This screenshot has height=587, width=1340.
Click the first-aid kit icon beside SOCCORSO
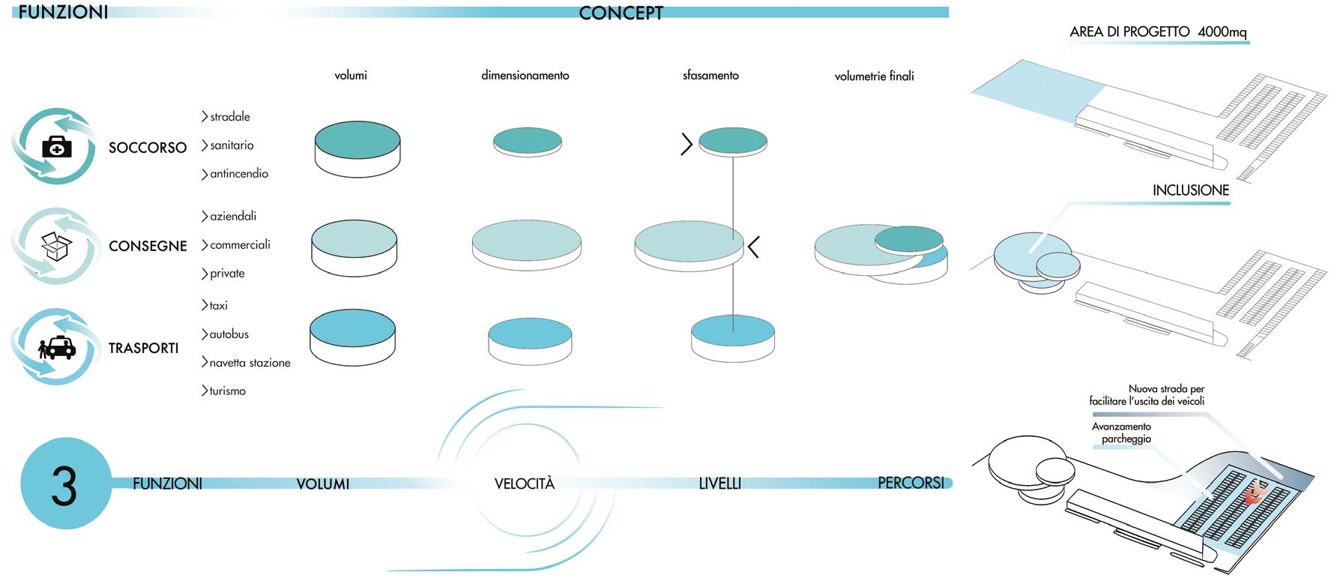[57, 147]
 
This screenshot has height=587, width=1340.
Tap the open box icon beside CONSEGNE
[56, 245]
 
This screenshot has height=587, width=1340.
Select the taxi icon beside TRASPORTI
[57, 348]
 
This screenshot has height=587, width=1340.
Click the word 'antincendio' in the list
[238, 174]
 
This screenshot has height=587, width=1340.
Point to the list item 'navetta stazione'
[250, 363]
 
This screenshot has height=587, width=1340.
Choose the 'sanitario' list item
[232, 145]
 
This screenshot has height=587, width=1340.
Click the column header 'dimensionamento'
[525, 76]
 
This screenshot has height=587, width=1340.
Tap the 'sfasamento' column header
[710, 76]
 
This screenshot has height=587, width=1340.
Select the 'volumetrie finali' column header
[874, 76]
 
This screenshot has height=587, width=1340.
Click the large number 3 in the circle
[64, 486]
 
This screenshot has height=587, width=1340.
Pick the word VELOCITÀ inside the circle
[525, 484]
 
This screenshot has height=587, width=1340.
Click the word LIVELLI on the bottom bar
[719, 484]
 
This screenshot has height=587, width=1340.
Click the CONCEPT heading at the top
[621, 13]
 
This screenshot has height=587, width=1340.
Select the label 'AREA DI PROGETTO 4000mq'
[1158, 32]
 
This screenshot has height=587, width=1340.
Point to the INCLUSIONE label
[1190, 190]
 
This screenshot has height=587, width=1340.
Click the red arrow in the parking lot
[1252, 493]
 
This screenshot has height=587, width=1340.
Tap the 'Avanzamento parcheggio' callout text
[1122, 433]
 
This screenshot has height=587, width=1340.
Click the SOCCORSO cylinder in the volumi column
[357, 149]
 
